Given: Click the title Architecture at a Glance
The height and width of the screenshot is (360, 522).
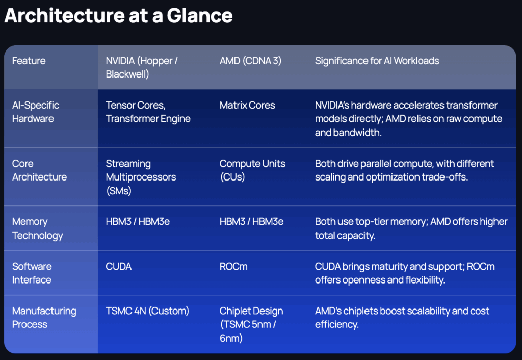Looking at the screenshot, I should coord(118,16).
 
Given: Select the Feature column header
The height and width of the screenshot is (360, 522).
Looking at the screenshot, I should coord(29,61).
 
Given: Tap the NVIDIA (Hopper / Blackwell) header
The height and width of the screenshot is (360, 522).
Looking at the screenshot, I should coord(142,67).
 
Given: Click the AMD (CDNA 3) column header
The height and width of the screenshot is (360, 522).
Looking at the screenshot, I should coord(250,61).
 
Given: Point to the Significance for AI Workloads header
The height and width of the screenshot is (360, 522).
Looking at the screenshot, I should coord(377,61).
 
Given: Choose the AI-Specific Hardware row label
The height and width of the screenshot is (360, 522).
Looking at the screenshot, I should coord(36,112).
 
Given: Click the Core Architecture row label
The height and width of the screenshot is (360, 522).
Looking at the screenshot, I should coord(39,170).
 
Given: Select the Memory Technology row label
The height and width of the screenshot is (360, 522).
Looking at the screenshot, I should coord(38,228).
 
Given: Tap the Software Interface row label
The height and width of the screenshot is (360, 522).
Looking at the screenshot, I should coord(32,273).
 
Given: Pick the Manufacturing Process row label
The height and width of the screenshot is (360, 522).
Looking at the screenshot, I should coord(44,318).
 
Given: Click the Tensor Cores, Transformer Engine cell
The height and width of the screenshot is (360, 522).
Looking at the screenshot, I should coord(148,112).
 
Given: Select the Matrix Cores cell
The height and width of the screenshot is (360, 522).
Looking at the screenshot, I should coord(247,106).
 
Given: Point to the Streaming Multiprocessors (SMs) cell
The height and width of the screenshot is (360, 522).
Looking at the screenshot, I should coord(141,177).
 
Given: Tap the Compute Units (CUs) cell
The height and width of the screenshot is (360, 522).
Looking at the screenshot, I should coord(252,170).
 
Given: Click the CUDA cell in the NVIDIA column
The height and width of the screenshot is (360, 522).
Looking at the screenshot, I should coord(119,267).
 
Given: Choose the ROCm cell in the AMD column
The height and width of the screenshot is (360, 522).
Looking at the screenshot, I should coord(233,267).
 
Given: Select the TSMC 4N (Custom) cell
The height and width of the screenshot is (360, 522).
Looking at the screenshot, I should coord(147,311).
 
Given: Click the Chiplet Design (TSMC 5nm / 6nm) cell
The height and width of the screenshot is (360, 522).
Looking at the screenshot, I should coord(251,324).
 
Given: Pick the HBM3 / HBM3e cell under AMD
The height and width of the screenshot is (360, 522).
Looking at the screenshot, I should coord(251,222).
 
